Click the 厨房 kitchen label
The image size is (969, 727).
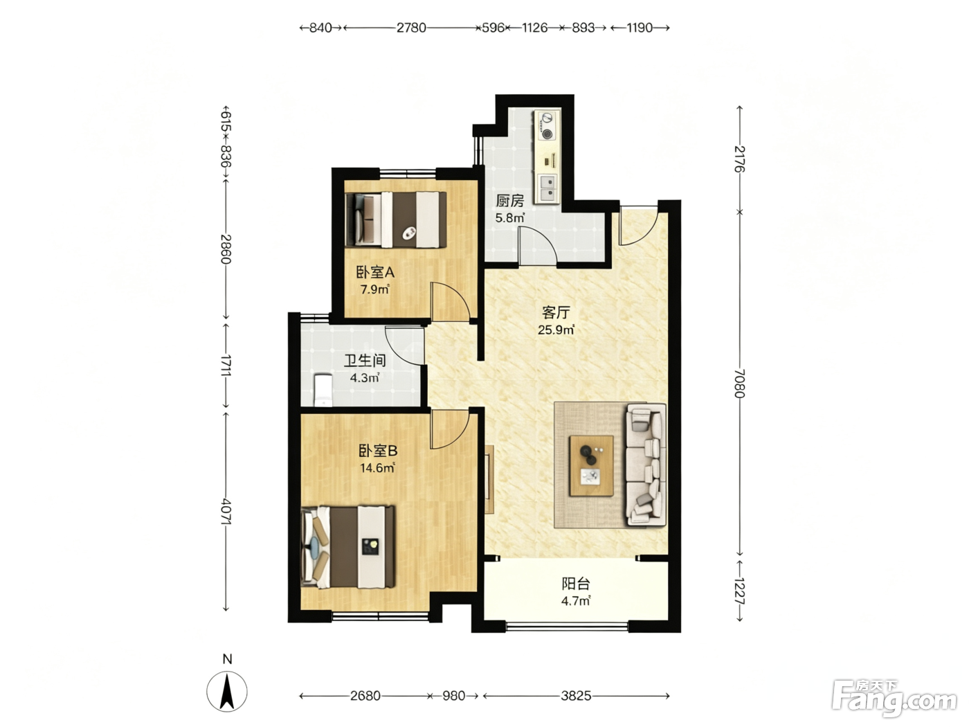(x=509, y=201)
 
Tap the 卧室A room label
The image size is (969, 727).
(x=375, y=272)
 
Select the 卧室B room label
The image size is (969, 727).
(x=378, y=451)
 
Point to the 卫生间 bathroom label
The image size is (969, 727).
(x=365, y=361)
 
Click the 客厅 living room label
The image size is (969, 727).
(x=556, y=312)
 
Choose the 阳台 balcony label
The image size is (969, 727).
(x=576, y=584)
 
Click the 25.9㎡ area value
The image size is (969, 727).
(x=556, y=330)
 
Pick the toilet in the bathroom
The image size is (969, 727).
(x=323, y=390)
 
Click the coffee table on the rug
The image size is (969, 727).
(x=591, y=466)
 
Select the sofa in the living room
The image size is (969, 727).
(x=646, y=465)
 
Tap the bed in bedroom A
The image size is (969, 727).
(x=396, y=219)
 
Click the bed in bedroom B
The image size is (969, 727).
(x=348, y=547)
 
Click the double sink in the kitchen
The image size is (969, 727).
(x=547, y=187)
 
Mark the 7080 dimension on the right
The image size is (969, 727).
(x=740, y=383)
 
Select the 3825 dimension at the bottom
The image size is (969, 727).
(x=576, y=696)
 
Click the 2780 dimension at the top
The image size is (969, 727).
(x=411, y=28)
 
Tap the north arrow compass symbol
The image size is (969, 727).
(x=227, y=692)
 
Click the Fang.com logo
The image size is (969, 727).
(x=894, y=699)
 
